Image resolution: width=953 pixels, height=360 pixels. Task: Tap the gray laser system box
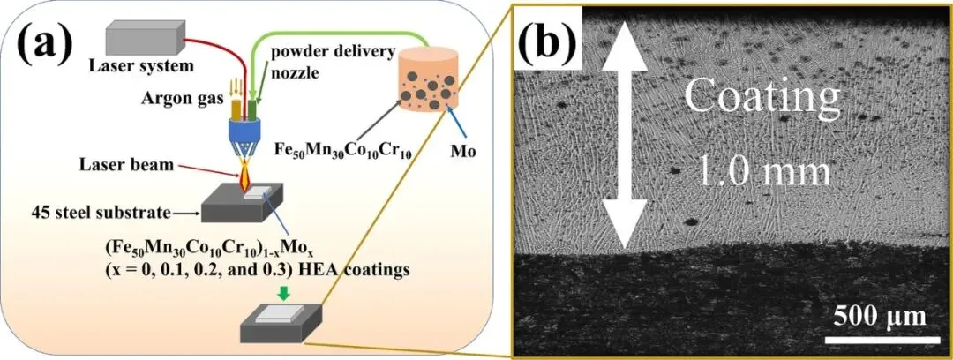[143, 39]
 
